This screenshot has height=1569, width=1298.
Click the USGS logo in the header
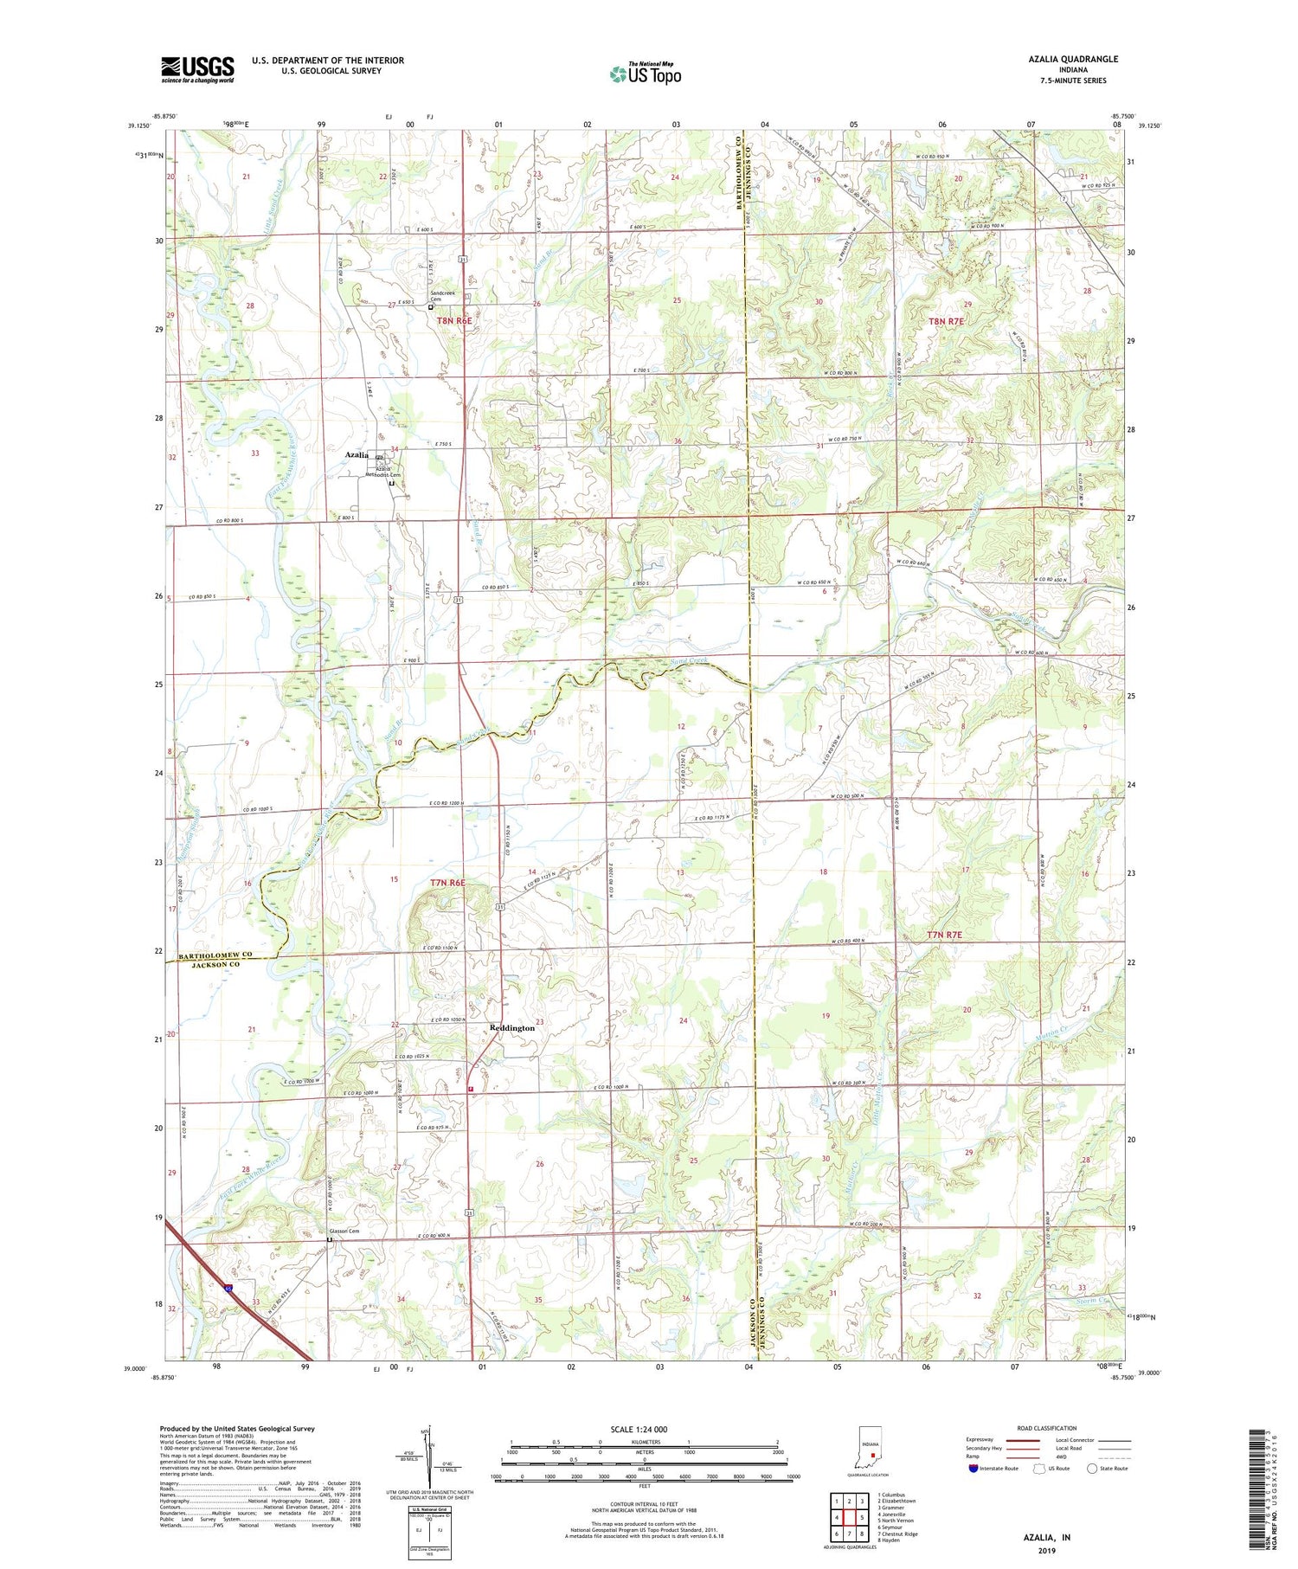(197, 69)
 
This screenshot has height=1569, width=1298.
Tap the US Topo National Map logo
(645, 74)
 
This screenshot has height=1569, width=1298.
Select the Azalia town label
(357, 454)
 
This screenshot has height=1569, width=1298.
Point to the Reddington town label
(512, 1027)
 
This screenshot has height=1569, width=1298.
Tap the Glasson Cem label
(344, 1231)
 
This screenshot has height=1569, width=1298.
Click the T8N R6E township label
(454, 320)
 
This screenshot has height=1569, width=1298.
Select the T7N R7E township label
(944, 935)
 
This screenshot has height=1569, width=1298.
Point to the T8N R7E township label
(946, 321)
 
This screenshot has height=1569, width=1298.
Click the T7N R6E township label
(447, 883)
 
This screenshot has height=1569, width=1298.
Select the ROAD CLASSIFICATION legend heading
(1047, 1428)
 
